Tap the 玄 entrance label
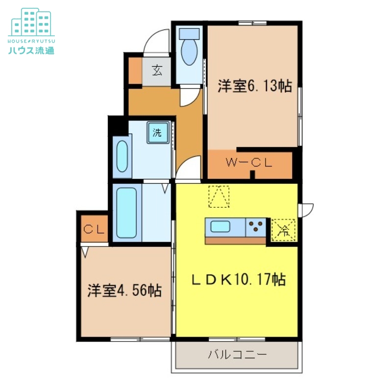pyautogui.click(x=157, y=70)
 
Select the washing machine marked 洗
pyautogui.click(x=158, y=132)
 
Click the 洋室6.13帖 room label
pyautogui.click(x=255, y=86)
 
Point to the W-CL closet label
pyautogui.click(x=249, y=163)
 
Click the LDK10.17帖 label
pyautogui.click(x=239, y=279)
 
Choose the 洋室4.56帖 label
pyautogui.click(x=124, y=291)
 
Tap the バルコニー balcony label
pyautogui.click(x=238, y=354)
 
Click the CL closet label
pyautogui.click(x=94, y=229)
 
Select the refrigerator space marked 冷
pyautogui.click(x=284, y=230)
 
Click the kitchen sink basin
pyautogui.click(x=220, y=227)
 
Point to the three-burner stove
pyautogui.click(x=255, y=227)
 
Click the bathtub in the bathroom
pyautogui.click(x=127, y=213)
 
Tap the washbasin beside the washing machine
pyautogui.click(x=122, y=156)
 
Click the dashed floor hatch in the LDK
pyautogui.click(x=219, y=196)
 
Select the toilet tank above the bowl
pyautogui.click(x=190, y=34)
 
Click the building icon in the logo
pyautogui.click(x=31, y=23)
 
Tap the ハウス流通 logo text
pyautogui.click(x=31, y=50)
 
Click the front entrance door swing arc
pyautogui.click(x=156, y=41)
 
